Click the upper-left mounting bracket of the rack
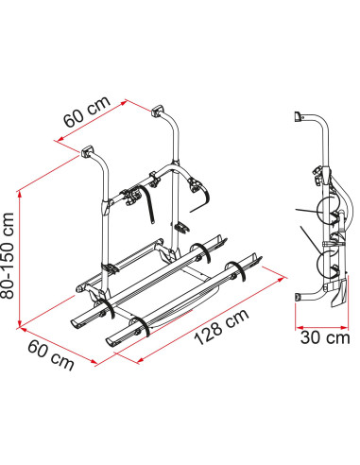(x=87, y=151)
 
